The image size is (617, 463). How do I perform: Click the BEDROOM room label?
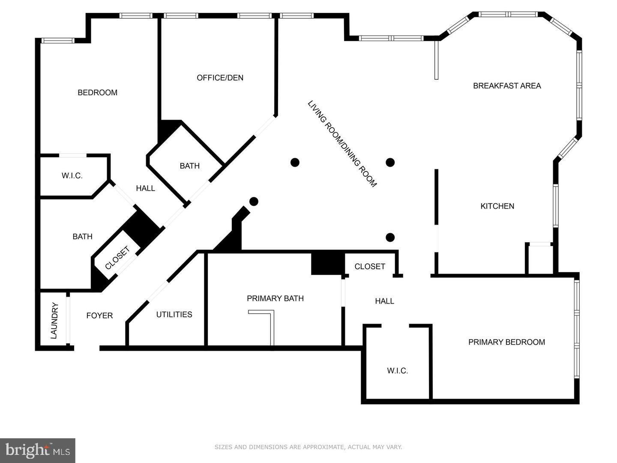click(97, 93)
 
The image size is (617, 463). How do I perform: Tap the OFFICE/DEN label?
click(220, 78)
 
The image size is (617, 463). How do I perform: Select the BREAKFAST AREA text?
click(507, 86)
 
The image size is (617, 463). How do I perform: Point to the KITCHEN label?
click(497, 206)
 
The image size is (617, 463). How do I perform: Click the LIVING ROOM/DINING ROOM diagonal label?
click(342, 144)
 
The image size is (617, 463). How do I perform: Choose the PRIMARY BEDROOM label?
click(506, 342)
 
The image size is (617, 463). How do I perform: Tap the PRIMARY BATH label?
click(275, 298)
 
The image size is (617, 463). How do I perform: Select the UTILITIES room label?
click(174, 315)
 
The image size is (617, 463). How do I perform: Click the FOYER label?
click(99, 316)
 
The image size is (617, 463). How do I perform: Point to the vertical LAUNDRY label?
click(54, 321)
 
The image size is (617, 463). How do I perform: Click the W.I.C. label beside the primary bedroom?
click(397, 371)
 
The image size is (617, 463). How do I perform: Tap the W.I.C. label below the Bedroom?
click(72, 176)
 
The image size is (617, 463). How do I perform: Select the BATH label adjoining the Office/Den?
click(189, 166)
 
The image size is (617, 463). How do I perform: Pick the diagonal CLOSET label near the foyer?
click(117, 258)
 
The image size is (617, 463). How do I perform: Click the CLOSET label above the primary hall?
click(370, 267)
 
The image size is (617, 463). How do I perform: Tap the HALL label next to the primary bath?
click(384, 301)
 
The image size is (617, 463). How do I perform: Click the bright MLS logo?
click(38, 450)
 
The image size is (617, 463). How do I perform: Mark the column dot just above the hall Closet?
click(390, 238)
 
